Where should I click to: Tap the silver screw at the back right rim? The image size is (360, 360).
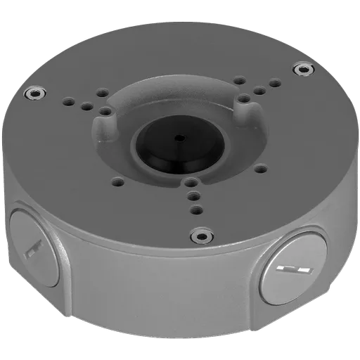pyautogui.click(x=304, y=68)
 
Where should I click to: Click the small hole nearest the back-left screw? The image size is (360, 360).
pyautogui.click(x=71, y=101)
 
